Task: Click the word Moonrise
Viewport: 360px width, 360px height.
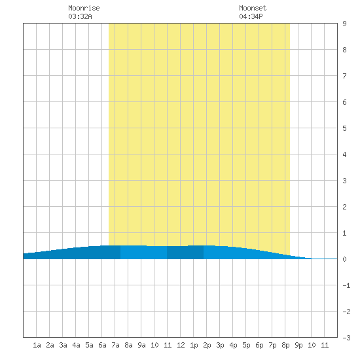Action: [84, 8]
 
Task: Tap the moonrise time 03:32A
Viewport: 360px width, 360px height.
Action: [80, 16]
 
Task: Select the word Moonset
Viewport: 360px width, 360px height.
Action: [253, 8]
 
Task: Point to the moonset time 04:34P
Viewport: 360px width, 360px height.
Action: [251, 16]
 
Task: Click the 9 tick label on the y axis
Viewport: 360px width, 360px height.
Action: [344, 24]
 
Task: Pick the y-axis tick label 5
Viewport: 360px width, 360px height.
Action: [344, 128]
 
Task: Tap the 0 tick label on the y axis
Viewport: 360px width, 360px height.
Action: [344, 259]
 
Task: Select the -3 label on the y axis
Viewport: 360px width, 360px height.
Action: [346, 338]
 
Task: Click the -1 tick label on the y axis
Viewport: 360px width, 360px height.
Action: [346, 285]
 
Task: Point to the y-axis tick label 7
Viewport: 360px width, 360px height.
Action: [344, 76]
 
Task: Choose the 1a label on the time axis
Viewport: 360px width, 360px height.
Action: [37, 345]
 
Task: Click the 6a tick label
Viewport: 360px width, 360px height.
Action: [102, 345]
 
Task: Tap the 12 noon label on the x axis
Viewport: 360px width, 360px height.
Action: [181, 345]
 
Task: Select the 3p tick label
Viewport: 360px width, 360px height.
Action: [220, 345]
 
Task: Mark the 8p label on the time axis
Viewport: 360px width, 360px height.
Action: [285, 345]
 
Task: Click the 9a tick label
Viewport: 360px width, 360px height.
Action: [141, 345]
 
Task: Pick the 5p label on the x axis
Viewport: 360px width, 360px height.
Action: [246, 345]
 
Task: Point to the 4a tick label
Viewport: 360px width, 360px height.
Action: [76, 345]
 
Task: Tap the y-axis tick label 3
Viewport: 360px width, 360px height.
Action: [344, 181]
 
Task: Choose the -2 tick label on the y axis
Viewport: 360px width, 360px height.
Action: [346, 312]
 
